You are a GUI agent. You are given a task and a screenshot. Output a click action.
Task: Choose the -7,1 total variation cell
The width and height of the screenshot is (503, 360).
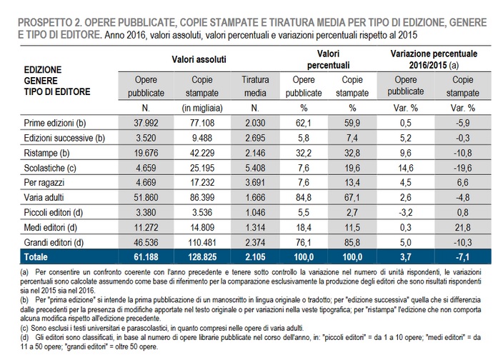click(x=462, y=255)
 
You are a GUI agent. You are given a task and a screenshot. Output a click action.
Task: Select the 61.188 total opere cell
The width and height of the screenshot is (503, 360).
click(x=146, y=255)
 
